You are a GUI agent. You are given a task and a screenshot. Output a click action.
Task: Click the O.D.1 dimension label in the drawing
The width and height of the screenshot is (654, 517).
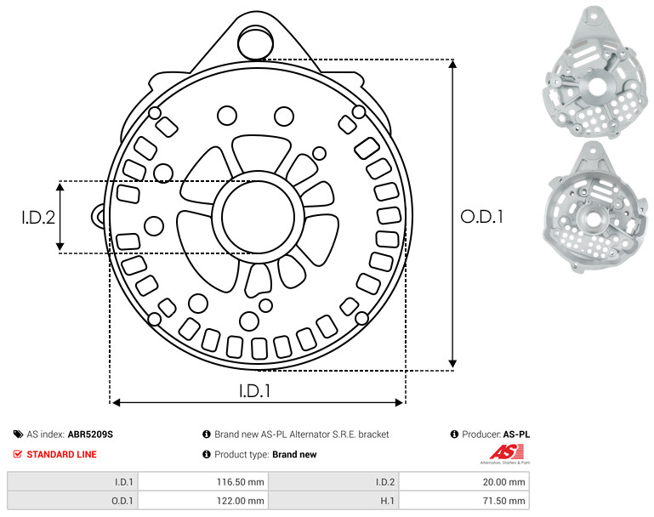481,217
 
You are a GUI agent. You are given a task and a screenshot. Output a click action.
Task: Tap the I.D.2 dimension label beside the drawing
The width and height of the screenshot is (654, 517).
38,218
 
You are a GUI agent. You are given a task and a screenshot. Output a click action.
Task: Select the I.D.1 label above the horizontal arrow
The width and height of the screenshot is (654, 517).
255,391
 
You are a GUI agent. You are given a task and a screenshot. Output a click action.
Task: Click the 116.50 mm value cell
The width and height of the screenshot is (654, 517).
203,482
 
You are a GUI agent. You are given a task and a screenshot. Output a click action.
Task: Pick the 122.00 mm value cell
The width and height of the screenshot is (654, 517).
203,500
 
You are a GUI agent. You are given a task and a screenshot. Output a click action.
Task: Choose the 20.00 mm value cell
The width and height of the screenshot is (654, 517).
464,482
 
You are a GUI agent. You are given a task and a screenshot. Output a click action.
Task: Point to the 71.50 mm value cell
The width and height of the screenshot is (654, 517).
464,500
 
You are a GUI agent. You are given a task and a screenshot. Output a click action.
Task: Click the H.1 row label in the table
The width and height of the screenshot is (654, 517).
388,501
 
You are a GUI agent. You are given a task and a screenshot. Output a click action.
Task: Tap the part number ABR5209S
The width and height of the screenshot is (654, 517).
90,435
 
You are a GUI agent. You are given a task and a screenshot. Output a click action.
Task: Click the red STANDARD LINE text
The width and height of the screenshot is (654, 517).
62,454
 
